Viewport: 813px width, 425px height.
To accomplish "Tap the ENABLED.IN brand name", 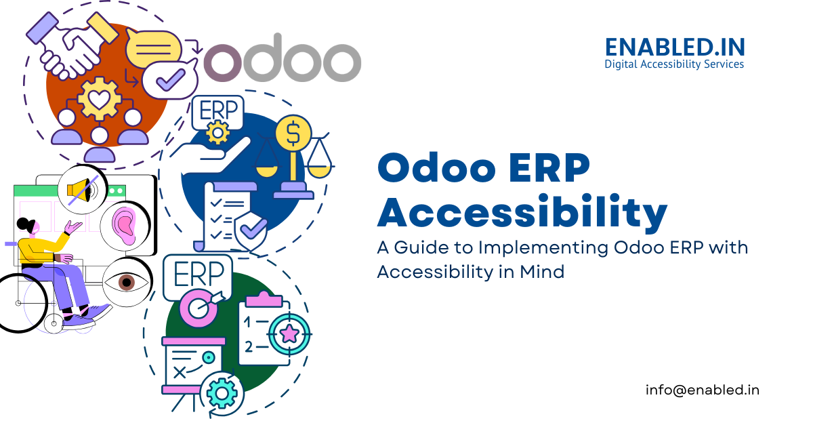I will tap(674, 47).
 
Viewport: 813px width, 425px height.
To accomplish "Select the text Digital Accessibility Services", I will tap(674, 64).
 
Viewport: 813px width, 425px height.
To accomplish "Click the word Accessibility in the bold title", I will tap(522, 212).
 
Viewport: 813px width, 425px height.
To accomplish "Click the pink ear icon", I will tap(124, 224).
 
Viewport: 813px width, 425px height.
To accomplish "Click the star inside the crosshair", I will tap(290, 333).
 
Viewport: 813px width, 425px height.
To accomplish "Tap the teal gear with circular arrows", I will tap(222, 392).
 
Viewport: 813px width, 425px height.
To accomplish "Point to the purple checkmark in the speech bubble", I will tap(166, 81).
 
